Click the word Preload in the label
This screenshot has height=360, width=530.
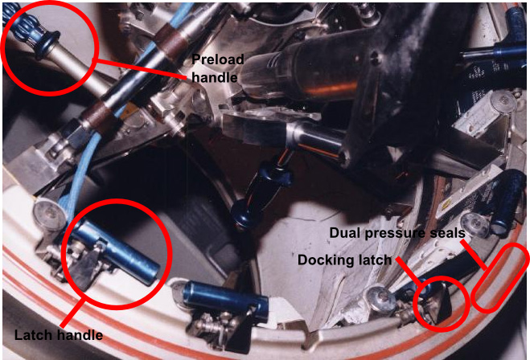click(218, 59)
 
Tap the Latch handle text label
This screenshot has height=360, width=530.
click(59, 335)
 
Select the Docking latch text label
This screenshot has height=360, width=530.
click(344, 260)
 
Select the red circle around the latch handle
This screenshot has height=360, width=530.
click(117, 199)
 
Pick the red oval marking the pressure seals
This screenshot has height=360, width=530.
click(500, 277)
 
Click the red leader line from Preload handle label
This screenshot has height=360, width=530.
click(140, 69)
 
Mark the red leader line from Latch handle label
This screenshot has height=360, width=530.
click(72, 313)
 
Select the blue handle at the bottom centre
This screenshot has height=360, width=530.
click(225, 299)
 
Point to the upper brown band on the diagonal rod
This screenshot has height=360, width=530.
click(171, 39)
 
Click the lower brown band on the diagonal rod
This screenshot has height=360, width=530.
click(99, 117)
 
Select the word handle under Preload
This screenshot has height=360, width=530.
click(215, 77)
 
